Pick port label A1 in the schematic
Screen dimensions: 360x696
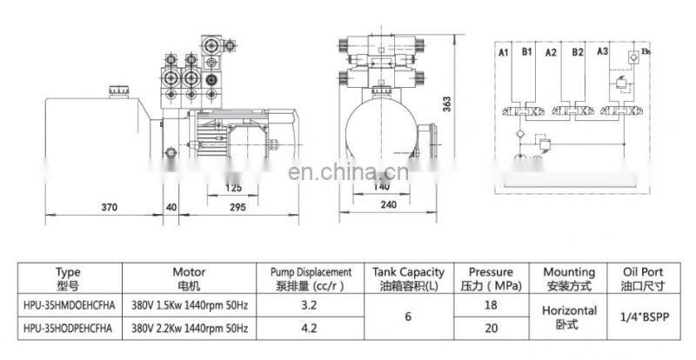click(x=503, y=54)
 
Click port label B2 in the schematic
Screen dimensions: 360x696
click(x=577, y=54)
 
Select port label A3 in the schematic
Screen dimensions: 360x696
click(x=602, y=54)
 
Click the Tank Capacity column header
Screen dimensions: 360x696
click(x=408, y=278)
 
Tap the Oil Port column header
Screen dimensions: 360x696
click(x=642, y=278)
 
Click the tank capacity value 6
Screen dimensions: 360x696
click(x=408, y=317)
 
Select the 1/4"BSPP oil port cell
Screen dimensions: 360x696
click(x=642, y=317)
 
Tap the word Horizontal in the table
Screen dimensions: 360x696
click(x=569, y=310)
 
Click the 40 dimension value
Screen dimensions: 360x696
click(x=171, y=208)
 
